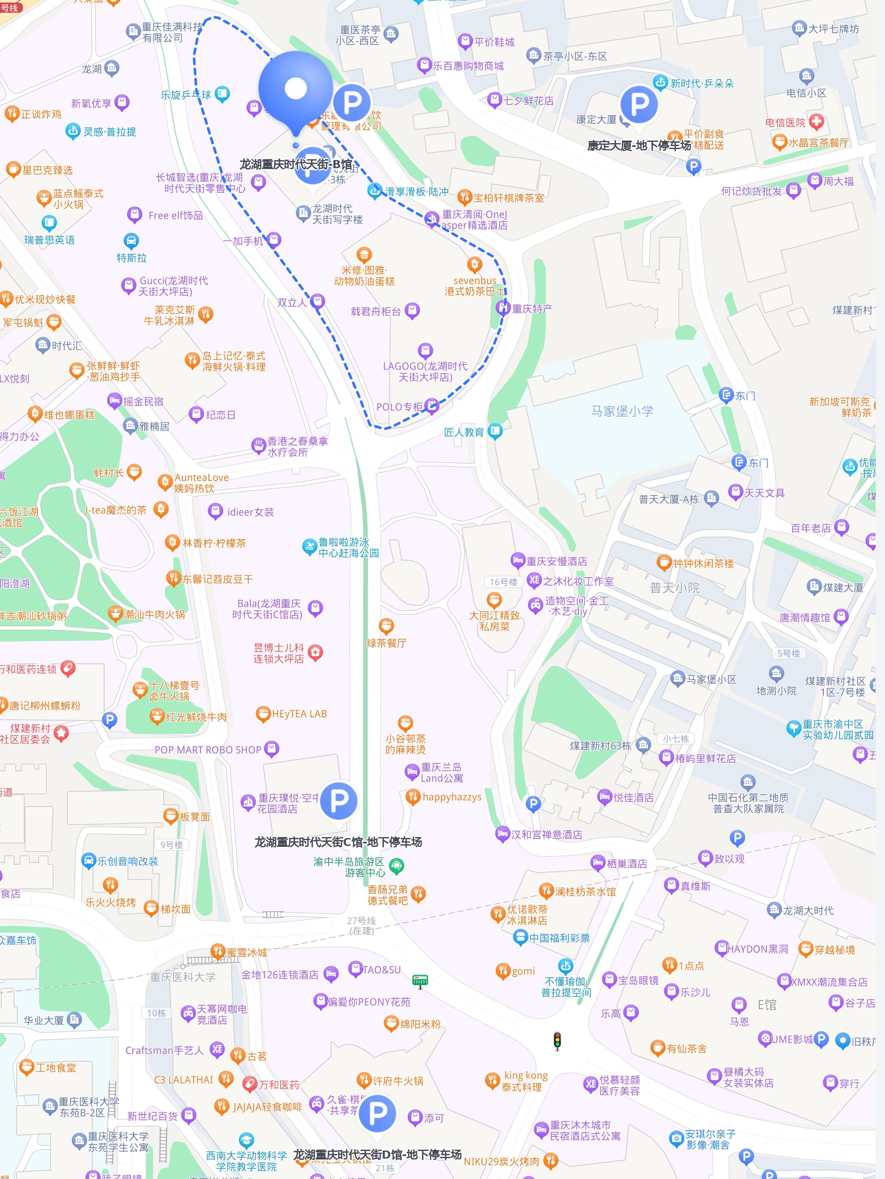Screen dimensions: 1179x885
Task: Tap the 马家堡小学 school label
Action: point(622,411)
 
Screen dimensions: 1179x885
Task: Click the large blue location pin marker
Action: point(295,90)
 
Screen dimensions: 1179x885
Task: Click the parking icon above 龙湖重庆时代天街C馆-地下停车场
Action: point(338,800)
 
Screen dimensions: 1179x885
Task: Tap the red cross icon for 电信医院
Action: point(816,122)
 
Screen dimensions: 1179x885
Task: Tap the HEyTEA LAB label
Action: point(299,714)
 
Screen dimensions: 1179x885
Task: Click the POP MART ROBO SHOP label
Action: point(207,749)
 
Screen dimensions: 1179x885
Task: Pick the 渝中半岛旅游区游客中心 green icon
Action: point(396,866)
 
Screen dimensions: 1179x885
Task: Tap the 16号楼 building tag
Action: point(504,581)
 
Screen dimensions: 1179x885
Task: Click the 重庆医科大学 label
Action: point(182,976)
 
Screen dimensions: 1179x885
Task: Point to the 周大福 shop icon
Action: point(814,181)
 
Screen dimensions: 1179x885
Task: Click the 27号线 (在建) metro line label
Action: point(361,925)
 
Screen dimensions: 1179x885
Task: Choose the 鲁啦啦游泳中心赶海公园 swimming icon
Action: point(309,547)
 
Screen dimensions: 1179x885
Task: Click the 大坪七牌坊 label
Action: point(833,29)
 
